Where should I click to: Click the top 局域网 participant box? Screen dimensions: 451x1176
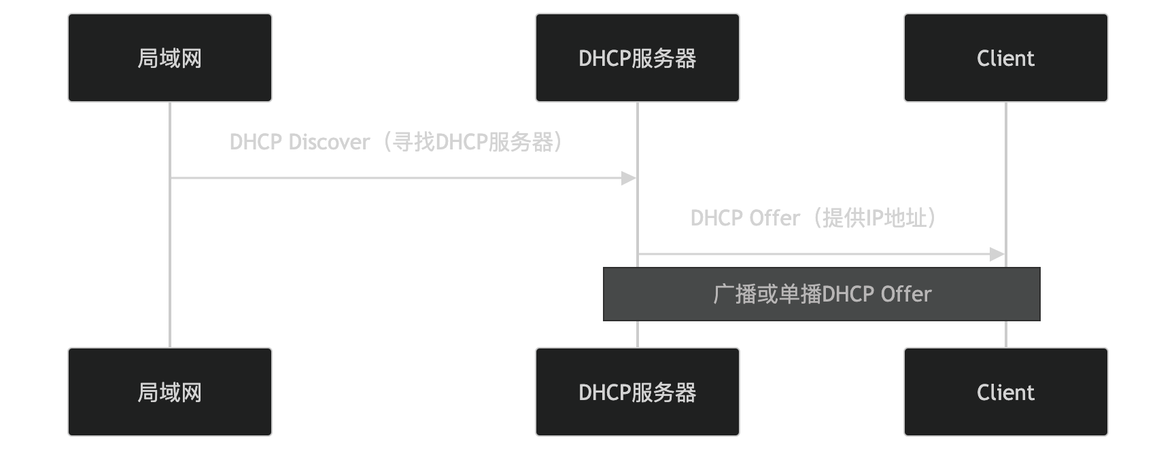[x=170, y=58]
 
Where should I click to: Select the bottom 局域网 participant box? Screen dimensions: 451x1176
[x=170, y=392]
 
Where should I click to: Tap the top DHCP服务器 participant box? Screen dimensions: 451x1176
[x=637, y=58]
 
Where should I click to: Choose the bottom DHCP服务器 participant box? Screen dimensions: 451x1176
[x=637, y=392]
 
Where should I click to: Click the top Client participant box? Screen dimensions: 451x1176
[x=1005, y=58]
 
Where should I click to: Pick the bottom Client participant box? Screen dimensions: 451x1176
[x=1005, y=392]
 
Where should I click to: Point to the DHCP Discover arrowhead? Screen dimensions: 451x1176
[x=629, y=179]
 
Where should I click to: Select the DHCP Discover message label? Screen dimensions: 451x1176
[x=396, y=142]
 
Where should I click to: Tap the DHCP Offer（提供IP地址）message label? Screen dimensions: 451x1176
[x=813, y=218]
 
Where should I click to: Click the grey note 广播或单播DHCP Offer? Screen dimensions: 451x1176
[x=821, y=294]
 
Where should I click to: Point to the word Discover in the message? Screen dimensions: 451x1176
[x=329, y=142]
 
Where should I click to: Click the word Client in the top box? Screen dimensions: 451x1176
[x=1005, y=58]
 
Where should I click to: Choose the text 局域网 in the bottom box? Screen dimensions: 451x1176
[x=170, y=393]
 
